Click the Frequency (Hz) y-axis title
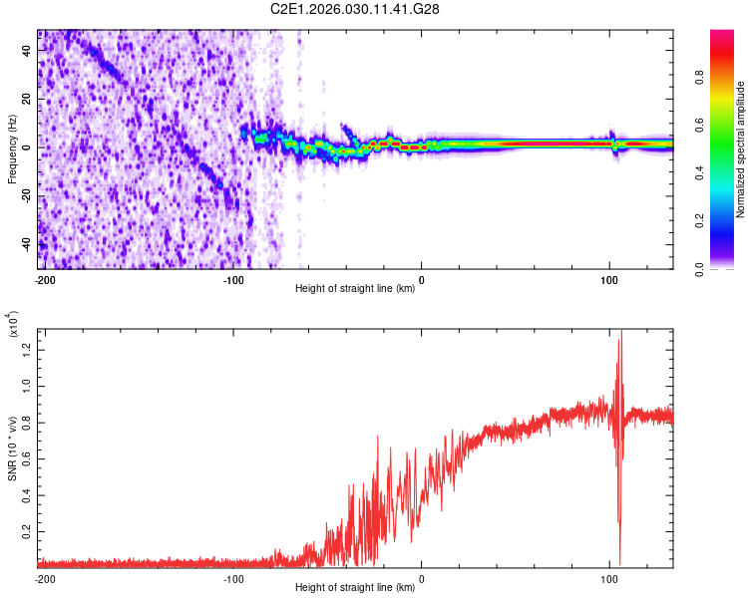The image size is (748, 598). [12, 149]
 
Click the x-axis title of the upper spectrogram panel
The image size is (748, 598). [356, 289]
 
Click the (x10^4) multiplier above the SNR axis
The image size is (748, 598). [13, 327]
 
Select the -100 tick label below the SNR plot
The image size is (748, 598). [233, 579]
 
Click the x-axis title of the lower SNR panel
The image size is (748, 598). [356, 588]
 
